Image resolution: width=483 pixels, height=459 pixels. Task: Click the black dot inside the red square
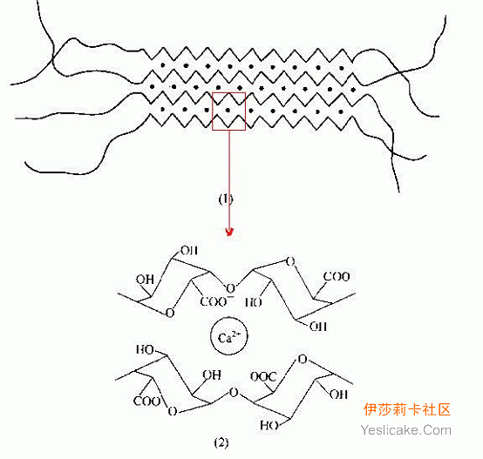228,110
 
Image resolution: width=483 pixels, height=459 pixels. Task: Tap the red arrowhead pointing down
229,232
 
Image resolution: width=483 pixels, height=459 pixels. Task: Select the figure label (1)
225,199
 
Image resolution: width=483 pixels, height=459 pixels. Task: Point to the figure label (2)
221,443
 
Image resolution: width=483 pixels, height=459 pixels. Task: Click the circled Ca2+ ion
229,336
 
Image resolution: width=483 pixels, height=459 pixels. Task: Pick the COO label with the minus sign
216,301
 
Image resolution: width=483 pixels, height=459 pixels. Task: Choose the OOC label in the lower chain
263,376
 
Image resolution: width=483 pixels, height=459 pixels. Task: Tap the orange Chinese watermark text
406,409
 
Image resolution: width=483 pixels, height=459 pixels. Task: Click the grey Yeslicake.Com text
406,429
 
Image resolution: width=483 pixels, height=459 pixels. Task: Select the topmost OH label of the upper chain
189,251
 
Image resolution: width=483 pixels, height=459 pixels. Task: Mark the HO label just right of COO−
254,302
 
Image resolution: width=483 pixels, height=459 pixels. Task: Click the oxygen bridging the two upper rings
230,288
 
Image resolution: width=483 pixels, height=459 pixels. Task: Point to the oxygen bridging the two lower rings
235,393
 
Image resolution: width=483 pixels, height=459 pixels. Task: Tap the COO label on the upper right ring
337,277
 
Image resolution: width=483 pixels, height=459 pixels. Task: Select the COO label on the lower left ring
146,402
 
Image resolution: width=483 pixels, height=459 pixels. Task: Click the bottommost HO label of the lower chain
269,425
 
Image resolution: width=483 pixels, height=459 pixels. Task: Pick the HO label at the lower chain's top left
145,350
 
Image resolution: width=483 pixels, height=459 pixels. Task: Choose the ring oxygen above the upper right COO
290,261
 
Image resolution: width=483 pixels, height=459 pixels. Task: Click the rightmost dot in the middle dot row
353,90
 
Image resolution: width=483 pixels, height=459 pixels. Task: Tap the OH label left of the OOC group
212,375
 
